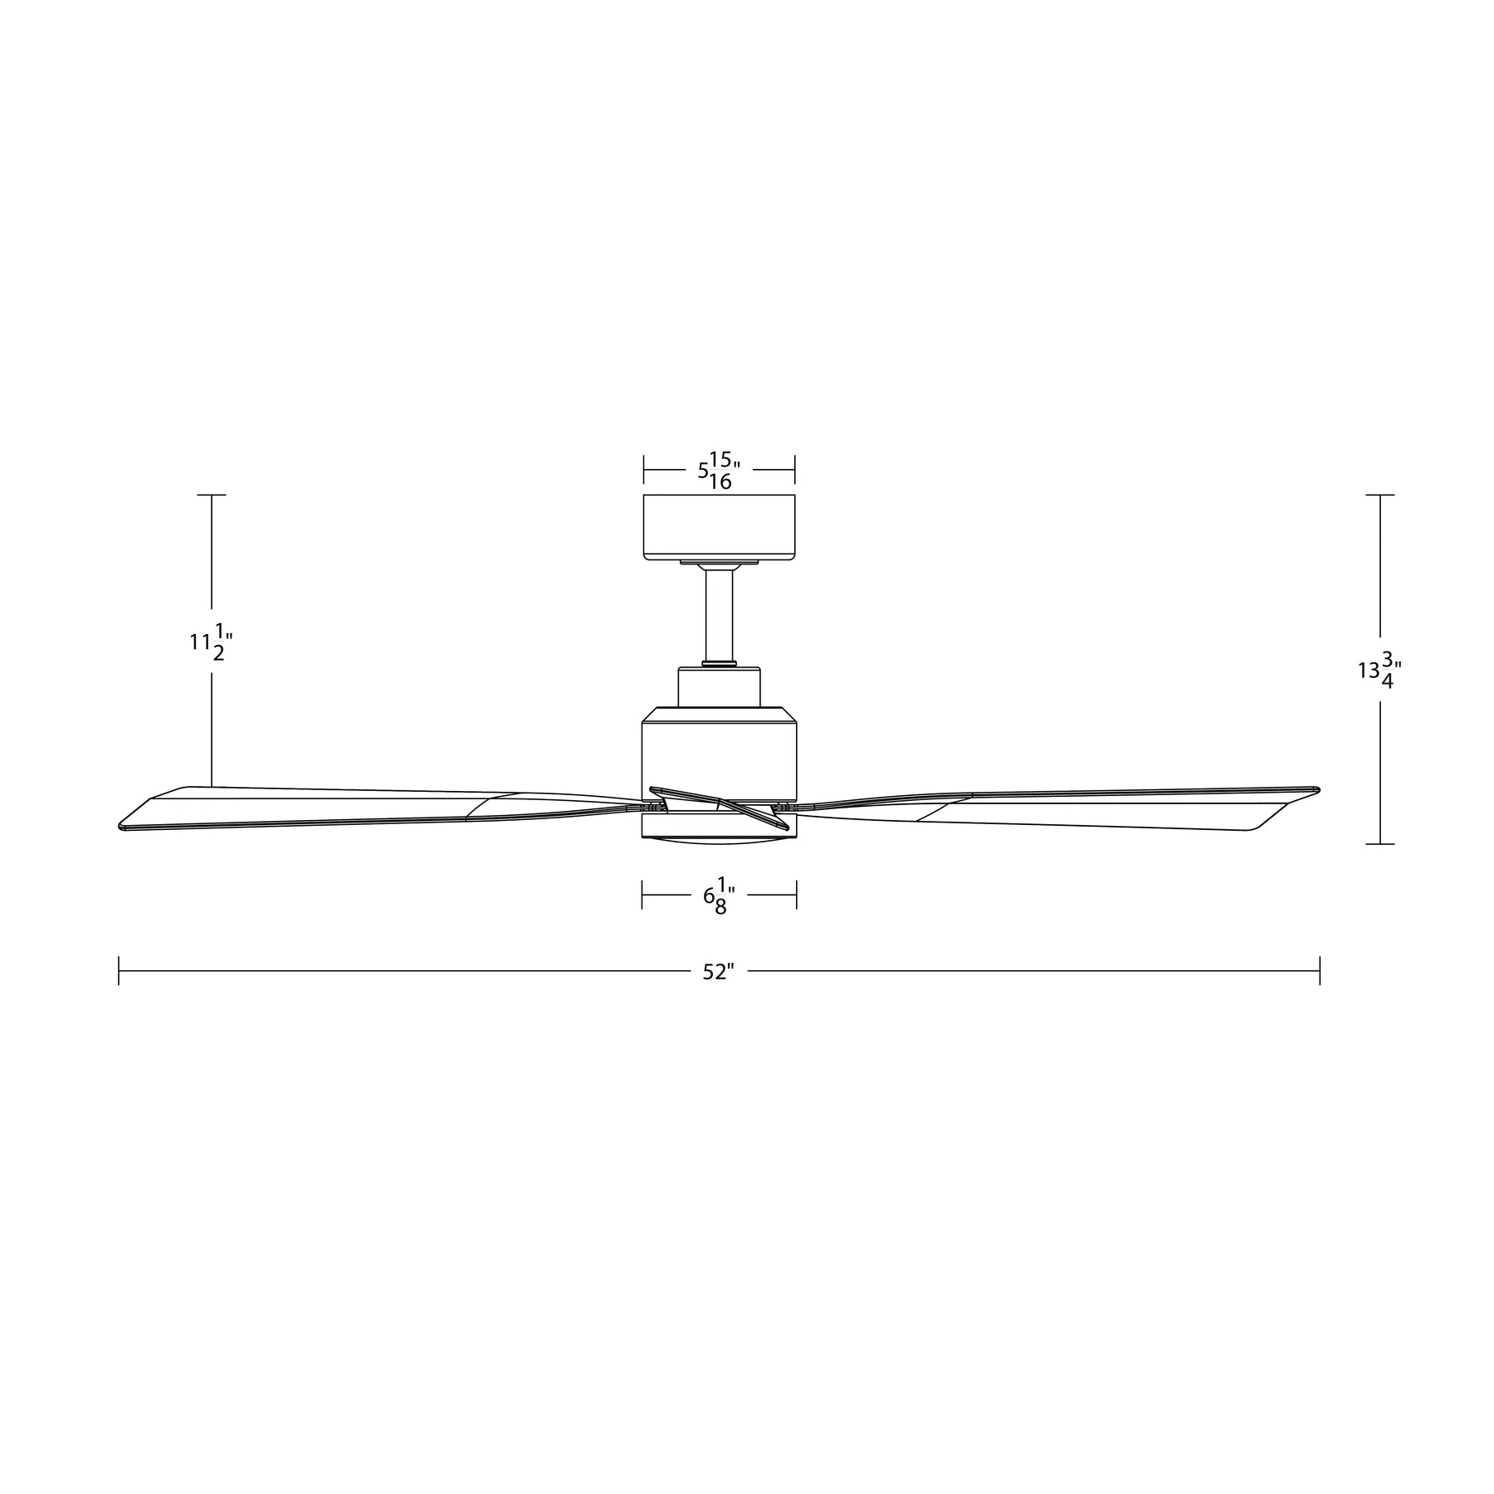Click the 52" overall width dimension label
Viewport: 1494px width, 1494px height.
(x=719, y=972)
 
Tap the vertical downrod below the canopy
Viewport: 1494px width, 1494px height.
(x=720, y=616)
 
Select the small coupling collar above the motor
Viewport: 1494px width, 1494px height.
(x=720, y=687)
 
